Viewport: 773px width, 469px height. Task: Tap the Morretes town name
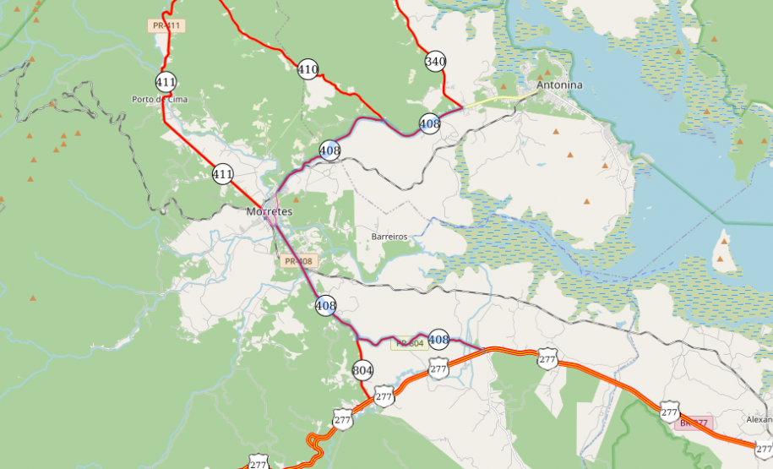tap(269, 210)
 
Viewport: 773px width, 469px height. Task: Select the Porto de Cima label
tap(160, 99)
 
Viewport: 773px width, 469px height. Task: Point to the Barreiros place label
tap(389, 237)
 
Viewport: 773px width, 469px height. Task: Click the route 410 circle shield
tap(308, 69)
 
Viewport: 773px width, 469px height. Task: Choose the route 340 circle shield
tap(435, 61)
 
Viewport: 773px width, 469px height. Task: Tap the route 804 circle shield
tap(362, 369)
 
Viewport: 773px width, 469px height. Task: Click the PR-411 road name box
tap(167, 26)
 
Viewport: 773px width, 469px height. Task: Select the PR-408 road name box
tap(299, 261)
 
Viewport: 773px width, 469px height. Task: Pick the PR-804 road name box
tap(409, 343)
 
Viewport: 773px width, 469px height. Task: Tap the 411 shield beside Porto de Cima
tap(166, 82)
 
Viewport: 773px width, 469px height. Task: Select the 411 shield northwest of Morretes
tap(222, 174)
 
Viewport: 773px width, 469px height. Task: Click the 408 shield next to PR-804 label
tap(438, 340)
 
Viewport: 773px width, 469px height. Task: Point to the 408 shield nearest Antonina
tap(429, 124)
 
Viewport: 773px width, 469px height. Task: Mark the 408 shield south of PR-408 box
tap(325, 305)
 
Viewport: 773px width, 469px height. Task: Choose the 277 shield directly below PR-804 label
tap(438, 368)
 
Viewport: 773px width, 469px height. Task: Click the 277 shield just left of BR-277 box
tap(669, 412)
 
